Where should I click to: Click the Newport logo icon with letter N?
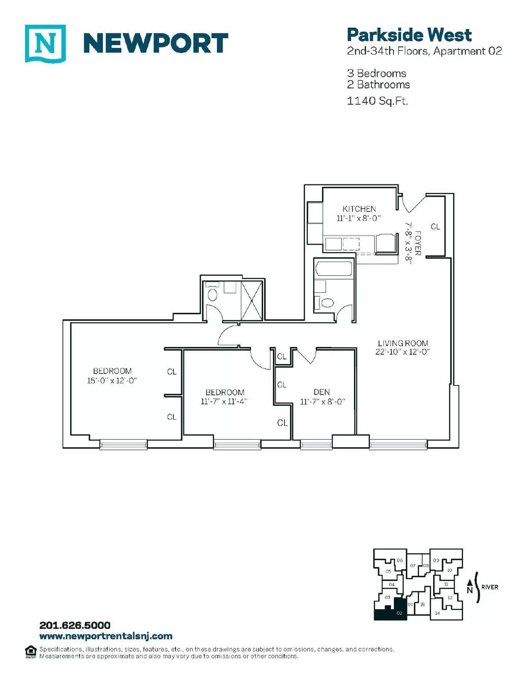click(45, 44)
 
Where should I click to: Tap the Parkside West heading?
click(409, 35)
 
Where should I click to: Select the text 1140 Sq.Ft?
click(377, 101)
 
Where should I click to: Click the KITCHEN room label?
click(359, 209)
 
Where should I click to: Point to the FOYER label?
click(418, 243)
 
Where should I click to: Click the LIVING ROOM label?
click(403, 343)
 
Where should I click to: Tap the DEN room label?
click(322, 392)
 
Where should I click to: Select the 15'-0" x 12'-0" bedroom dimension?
click(112, 381)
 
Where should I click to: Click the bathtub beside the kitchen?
click(334, 268)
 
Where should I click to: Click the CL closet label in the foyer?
click(435, 227)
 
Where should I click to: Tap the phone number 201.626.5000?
click(75, 625)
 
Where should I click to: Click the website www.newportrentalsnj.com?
click(106, 636)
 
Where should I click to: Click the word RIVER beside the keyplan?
click(490, 587)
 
